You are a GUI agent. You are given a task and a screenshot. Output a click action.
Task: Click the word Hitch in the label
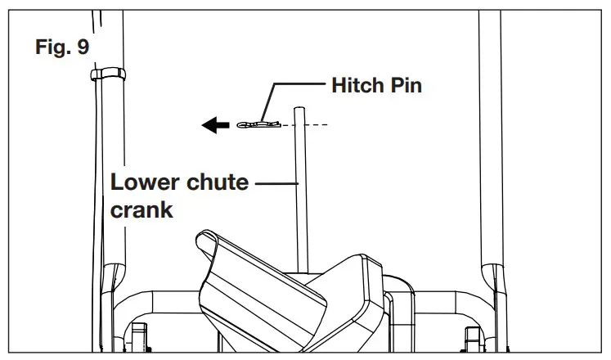[357, 84]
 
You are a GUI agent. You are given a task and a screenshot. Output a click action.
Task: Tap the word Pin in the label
[406, 84]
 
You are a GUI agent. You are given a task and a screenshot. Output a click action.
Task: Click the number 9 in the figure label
[83, 47]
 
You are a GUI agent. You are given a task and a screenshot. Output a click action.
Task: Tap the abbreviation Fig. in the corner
[52, 47]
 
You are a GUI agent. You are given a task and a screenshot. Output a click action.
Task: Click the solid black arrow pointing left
[214, 125]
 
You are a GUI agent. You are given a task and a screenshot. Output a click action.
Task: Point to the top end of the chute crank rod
[300, 108]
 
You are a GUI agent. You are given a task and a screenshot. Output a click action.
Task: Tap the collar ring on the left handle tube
[106, 75]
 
